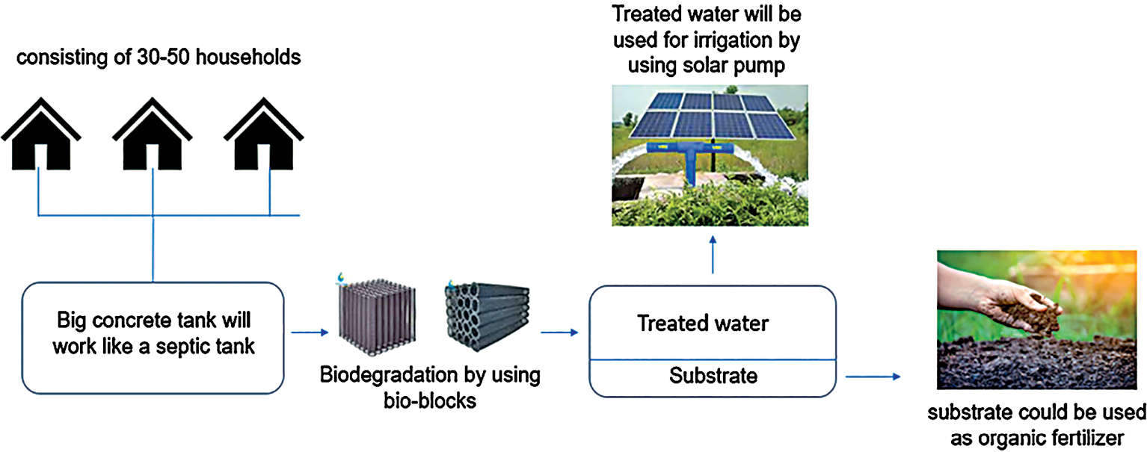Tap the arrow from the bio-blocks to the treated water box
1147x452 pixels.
point(560,333)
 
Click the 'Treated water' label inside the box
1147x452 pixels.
point(702,323)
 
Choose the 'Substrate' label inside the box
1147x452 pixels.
point(713,375)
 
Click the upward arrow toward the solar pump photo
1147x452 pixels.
point(712,255)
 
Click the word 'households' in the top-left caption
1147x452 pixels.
point(259,57)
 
